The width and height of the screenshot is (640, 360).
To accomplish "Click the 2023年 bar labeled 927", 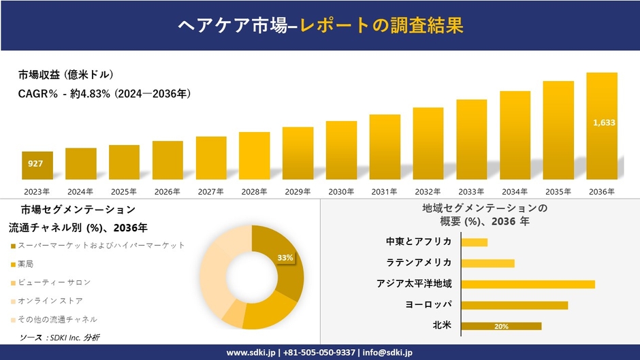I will (x=37, y=165).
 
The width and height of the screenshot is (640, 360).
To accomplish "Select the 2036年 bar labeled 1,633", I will (x=602, y=125).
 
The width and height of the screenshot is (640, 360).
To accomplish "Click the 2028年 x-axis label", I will (x=254, y=192).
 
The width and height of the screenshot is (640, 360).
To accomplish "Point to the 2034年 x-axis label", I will (x=515, y=192).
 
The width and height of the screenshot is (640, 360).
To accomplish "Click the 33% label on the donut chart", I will (x=285, y=258).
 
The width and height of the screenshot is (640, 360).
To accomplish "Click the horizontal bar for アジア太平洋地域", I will (x=528, y=284).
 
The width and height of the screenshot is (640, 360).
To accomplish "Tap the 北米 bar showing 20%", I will (x=501, y=326).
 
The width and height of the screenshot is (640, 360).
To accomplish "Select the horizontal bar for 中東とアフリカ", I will (x=474, y=242).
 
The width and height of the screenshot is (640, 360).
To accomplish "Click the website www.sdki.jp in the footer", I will (x=251, y=353).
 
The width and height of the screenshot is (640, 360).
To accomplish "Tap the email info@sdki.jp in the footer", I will (x=387, y=353).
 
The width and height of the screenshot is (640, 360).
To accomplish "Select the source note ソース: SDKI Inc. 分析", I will (x=59, y=337).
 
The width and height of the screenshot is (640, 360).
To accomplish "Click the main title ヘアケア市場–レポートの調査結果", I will (x=320, y=25).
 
